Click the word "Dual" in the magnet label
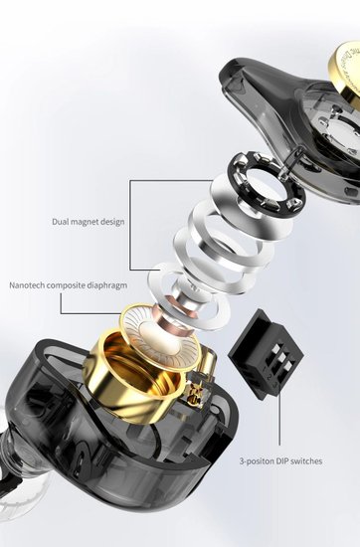(x=60, y=222)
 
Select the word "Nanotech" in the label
(x=27, y=285)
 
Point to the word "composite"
(x=66, y=285)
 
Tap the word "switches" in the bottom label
(x=306, y=460)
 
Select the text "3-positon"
(x=257, y=461)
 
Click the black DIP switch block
(x=267, y=353)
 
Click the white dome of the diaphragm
(x=159, y=332)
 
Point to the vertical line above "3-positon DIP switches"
(x=279, y=420)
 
